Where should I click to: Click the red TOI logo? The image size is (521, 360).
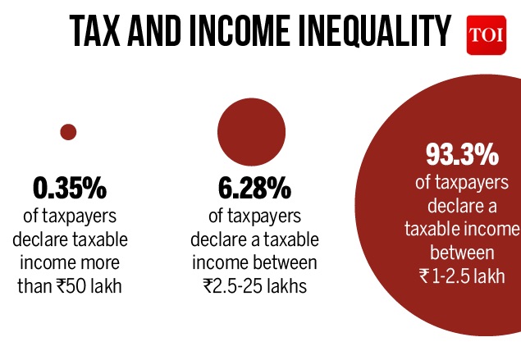pyautogui.click(x=482, y=36)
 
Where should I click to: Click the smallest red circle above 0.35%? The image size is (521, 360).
pyautogui.click(x=69, y=132)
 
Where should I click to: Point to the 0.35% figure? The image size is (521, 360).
pyautogui.click(x=70, y=189)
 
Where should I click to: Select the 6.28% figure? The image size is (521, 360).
pyautogui.click(x=254, y=189)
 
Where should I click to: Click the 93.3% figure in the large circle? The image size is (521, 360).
pyautogui.click(x=462, y=154)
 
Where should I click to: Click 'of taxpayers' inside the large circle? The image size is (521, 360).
pyautogui.click(x=462, y=180)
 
